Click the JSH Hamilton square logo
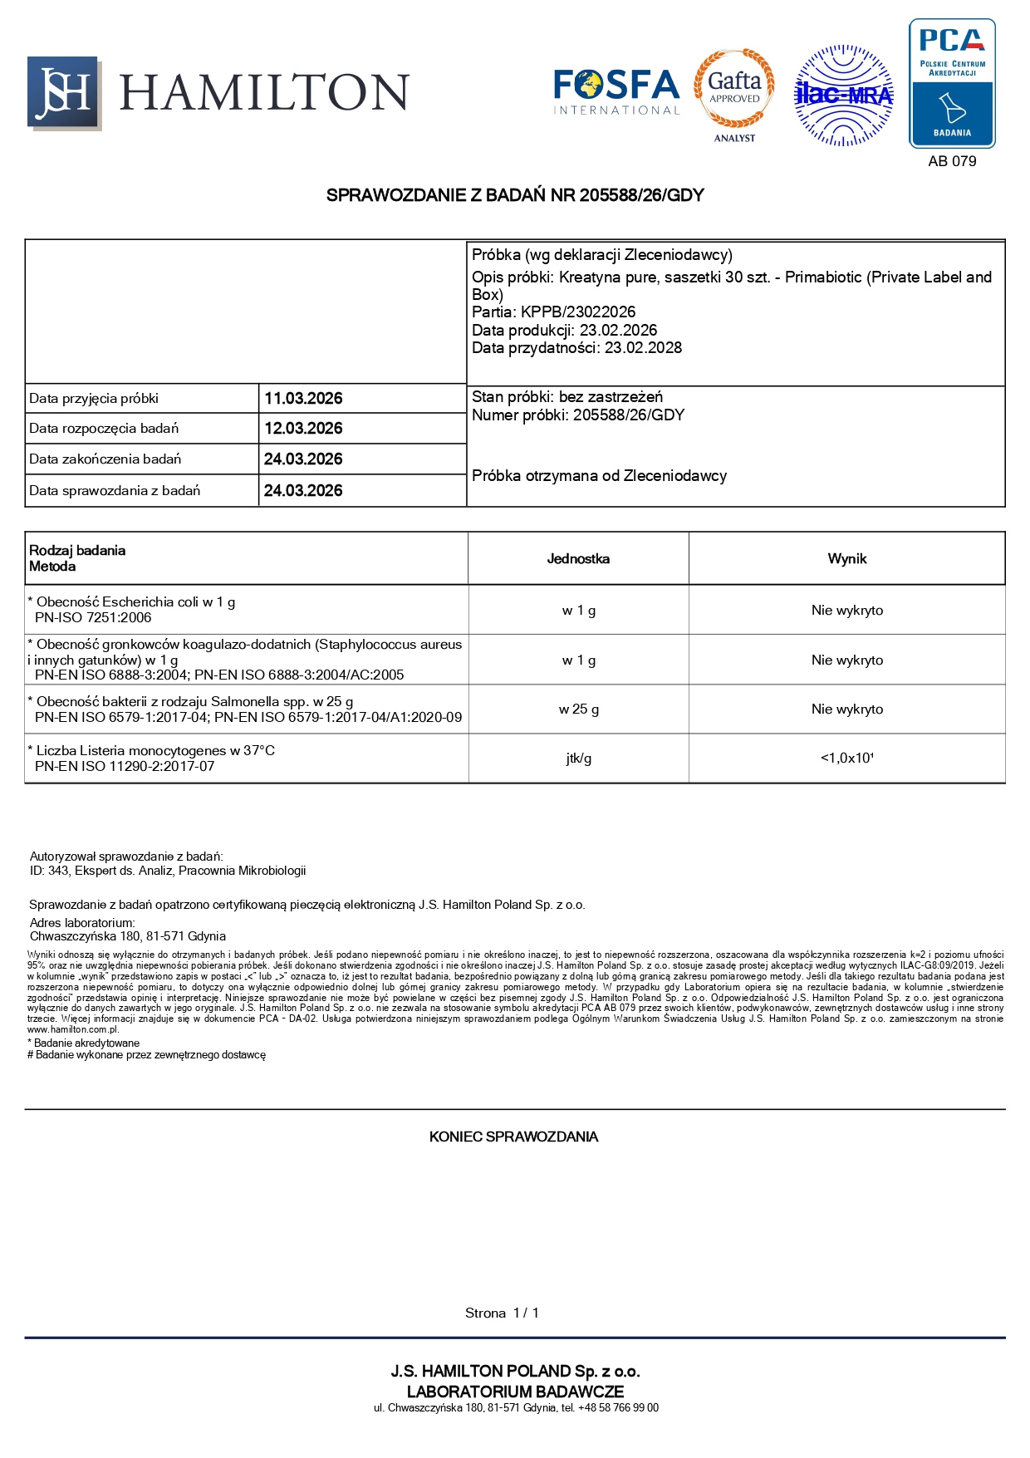tap(64, 92)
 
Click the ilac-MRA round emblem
tap(844, 96)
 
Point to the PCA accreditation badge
tap(952, 83)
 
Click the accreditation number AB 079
tap(952, 161)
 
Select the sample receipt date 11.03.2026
tap(303, 399)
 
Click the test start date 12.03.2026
tap(303, 429)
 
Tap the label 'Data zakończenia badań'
tap(105, 459)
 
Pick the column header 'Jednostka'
tap(578, 559)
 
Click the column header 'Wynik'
tap(846, 559)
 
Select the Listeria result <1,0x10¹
tap(846, 758)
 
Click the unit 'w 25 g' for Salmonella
tap(578, 709)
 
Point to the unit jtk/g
tap(578, 758)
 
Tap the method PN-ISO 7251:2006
tap(93, 618)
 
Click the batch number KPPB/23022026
tap(578, 312)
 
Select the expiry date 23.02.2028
tap(643, 348)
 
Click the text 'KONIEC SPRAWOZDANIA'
tap(513, 1136)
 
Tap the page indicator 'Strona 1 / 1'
tap(502, 1313)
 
